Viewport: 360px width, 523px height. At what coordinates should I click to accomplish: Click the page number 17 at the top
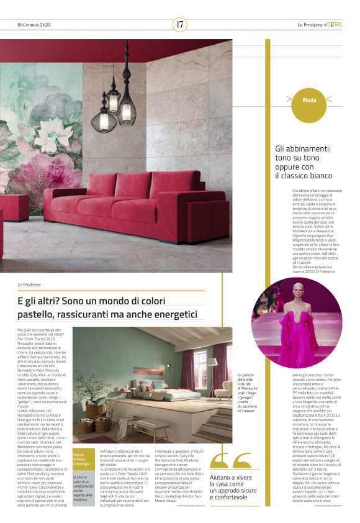point(180,24)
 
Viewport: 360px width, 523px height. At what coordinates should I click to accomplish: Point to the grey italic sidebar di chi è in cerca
point(83,491)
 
